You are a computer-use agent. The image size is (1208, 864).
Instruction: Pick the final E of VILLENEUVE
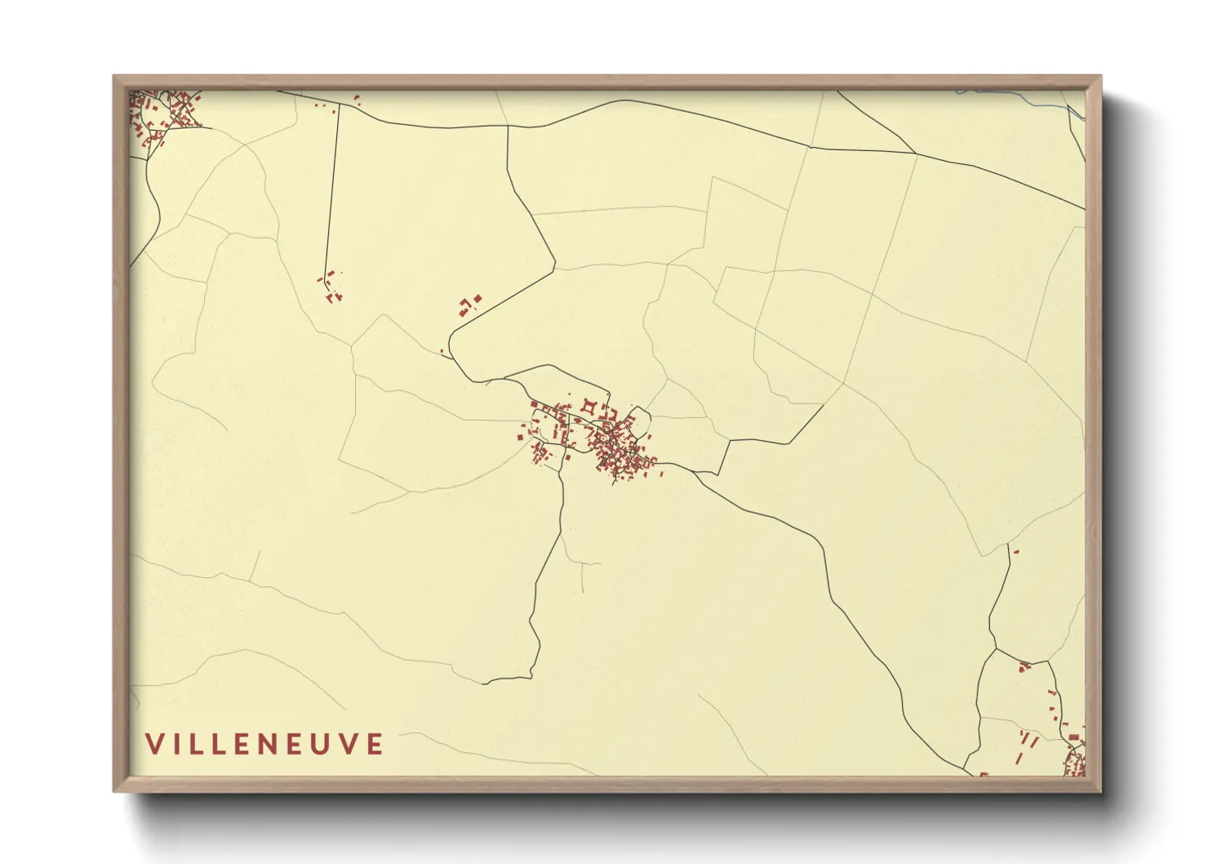[x=375, y=744]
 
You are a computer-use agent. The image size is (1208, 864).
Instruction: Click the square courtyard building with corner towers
[x=588, y=406]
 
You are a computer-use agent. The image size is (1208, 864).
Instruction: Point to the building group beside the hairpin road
[x=469, y=305]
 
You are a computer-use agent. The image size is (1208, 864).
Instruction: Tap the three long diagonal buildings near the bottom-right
[x=1028, y=742]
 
